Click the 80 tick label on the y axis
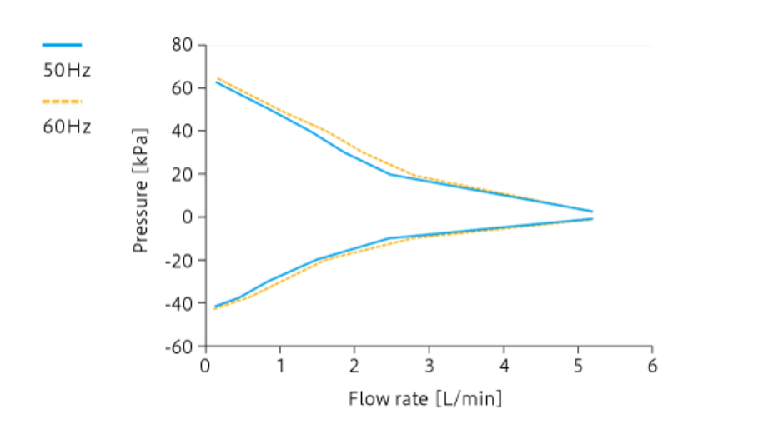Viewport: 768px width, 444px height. tap(183, 45)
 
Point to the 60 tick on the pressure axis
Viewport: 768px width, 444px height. tap(183, 88)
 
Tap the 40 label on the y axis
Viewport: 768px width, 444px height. tap(183, 132)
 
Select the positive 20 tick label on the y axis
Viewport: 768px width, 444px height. tap(183, 175)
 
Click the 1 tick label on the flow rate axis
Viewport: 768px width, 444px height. tap(280, 367)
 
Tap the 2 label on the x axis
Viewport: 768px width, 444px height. tap(354, 367)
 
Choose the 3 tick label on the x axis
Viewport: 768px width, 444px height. tap(429, 367)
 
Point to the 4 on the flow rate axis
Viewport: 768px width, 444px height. tap(504, 367)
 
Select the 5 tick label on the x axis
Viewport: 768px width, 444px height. tap(578, 367)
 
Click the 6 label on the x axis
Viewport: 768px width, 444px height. tap(652, 367)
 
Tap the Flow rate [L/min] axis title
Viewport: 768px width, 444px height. tap(425, 399)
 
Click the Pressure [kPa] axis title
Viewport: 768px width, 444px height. tap(141, 191)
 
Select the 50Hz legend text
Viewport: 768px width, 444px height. tap(67, 71)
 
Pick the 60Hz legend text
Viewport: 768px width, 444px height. tap(67, 127)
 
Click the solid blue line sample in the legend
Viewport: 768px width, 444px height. tap(63, 45)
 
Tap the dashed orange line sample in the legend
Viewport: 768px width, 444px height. tap(63, 102)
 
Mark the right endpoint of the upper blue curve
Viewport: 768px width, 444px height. tap(592, 212)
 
